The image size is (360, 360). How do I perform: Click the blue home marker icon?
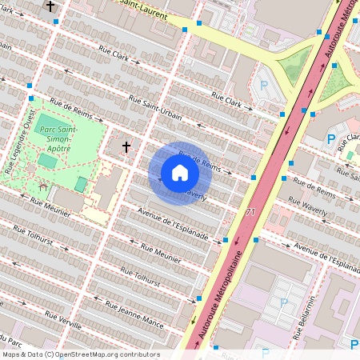pos(180,173)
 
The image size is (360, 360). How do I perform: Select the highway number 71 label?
pos(250,212)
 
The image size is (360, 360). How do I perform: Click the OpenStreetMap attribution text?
pos(81,354)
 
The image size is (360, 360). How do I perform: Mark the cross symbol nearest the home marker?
pos(126,147)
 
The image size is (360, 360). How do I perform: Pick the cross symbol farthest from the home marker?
pos(51,6)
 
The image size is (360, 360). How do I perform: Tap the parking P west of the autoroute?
pos(263,84)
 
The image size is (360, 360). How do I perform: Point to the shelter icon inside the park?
pos(42,186)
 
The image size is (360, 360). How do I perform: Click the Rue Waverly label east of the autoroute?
pos(319,206)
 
